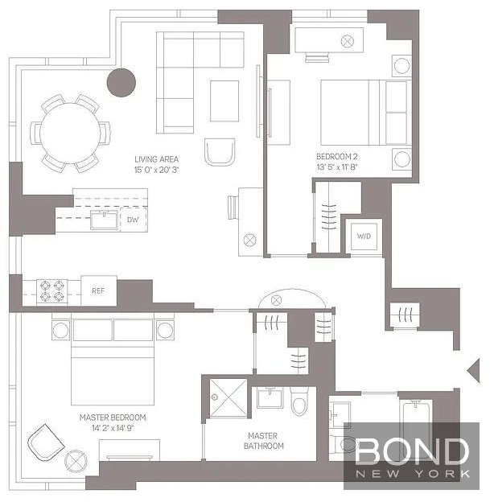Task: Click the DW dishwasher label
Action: tap(133, 220)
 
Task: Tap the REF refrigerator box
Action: tap(99, 290)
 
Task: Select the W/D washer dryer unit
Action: tap(364, 237)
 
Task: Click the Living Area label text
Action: tap(156, 159)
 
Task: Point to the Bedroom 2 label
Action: tap(336, 157)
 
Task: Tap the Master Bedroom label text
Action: tap(113, 418)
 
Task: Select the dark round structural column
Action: tap(121, 82)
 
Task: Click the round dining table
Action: tap(70, 133)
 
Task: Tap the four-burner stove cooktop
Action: tap(51, 291)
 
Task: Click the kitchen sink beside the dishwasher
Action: tap(104, 220)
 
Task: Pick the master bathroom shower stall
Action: tap(229, 397)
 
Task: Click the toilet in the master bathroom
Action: tap(300, 401)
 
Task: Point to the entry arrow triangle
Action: tap(473, 370)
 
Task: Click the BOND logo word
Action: tap(412, 451)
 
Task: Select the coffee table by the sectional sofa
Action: tap(224, 101)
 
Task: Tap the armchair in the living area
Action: tap(220, 152)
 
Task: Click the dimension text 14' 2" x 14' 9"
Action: tap(113, 428)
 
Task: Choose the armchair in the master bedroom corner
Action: tap(46, 442)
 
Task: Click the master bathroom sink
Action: tap(270, 397)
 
